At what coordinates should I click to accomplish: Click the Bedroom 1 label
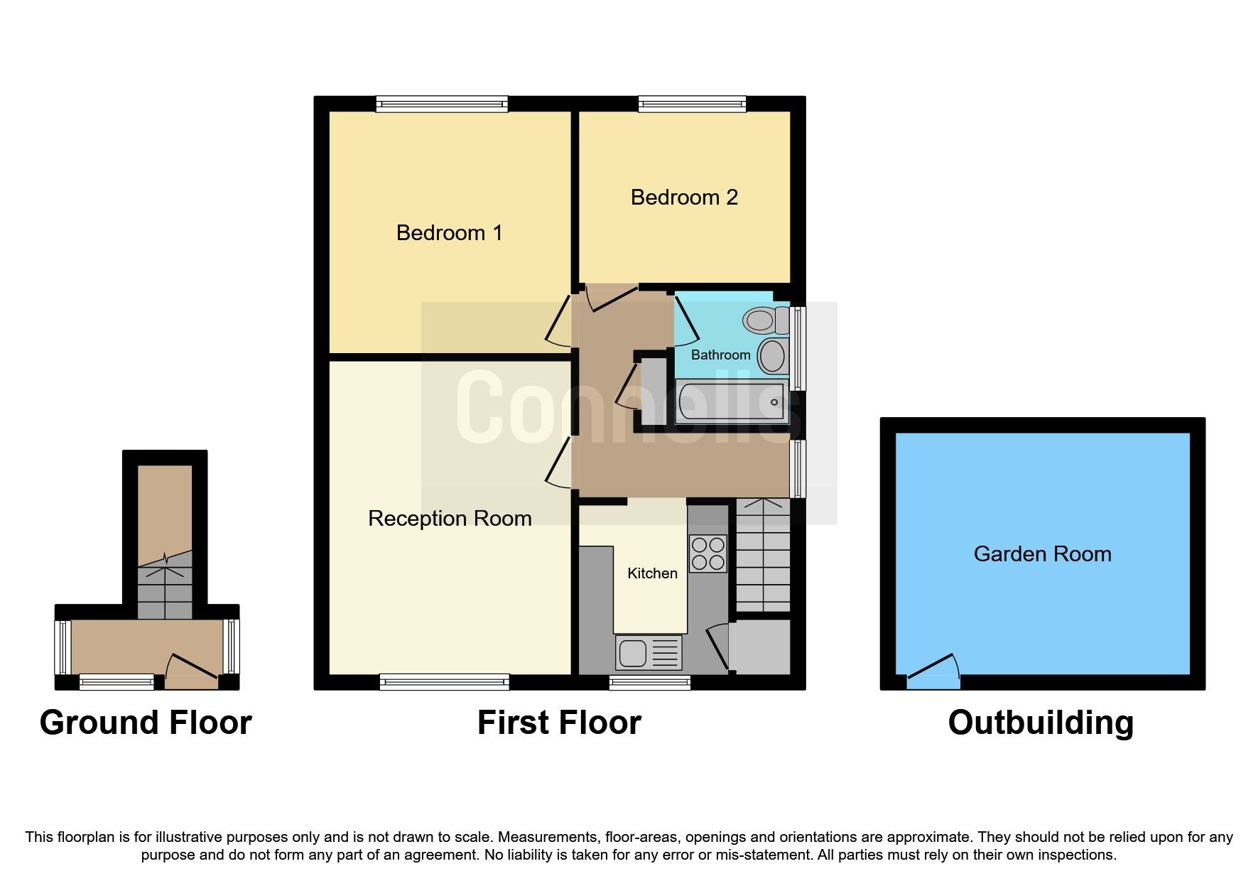coord(449,233)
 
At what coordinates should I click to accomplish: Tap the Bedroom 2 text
coord(684,198)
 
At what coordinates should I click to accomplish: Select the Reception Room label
coord(450,519)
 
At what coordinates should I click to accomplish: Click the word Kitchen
coord(652,573)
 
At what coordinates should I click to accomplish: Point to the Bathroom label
coord(720,355)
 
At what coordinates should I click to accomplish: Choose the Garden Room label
coord(1042,554)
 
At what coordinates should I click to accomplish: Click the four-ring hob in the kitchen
coord(707,553)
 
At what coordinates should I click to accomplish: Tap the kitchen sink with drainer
coord(648,652)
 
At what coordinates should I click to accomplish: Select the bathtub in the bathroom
coord(731,402)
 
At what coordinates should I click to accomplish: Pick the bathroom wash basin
coord(772,355)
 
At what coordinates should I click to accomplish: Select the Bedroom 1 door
coord(559,322)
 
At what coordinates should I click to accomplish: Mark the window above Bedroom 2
coord(692,104)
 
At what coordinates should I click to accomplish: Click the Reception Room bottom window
coord(444,682)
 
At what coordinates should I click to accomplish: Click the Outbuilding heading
coord(1040,723)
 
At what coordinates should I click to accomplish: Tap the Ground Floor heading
coord(146,723)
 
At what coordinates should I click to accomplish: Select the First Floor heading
coord(559,723)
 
